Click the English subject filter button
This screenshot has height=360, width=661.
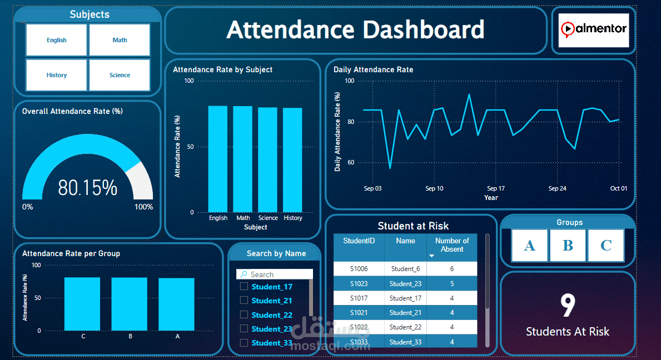tap(56, 40)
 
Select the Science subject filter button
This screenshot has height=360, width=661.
tap(120, 75)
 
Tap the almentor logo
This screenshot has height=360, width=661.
tap(593, 29)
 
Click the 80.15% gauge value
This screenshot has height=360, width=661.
tap(88, 188)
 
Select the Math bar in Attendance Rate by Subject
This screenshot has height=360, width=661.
tap(242, 159)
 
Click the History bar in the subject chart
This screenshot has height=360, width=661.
tap(292, 160)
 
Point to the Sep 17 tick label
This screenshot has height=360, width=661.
tap(495, 188)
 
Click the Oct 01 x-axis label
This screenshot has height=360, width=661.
tap(618, 188)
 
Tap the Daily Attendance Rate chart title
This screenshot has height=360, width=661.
tap(373, 69)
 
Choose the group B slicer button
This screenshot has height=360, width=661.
tap(568, 245)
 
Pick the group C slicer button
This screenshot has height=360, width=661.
tap(605, 245)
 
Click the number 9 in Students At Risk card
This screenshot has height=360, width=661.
tap(567, 306)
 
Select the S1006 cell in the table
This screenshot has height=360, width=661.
tap(359, 269)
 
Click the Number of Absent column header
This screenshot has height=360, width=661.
tap(451, 245)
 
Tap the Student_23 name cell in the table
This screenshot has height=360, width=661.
tap(405, 283)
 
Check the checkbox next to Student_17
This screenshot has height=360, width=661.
tap(243, 286)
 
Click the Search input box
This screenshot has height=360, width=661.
tap(278, 274)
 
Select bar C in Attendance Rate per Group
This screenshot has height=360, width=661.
tap(82, 304)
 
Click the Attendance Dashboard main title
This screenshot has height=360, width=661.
tap(355, 30)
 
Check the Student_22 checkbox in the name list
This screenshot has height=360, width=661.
tap(243, 314)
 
